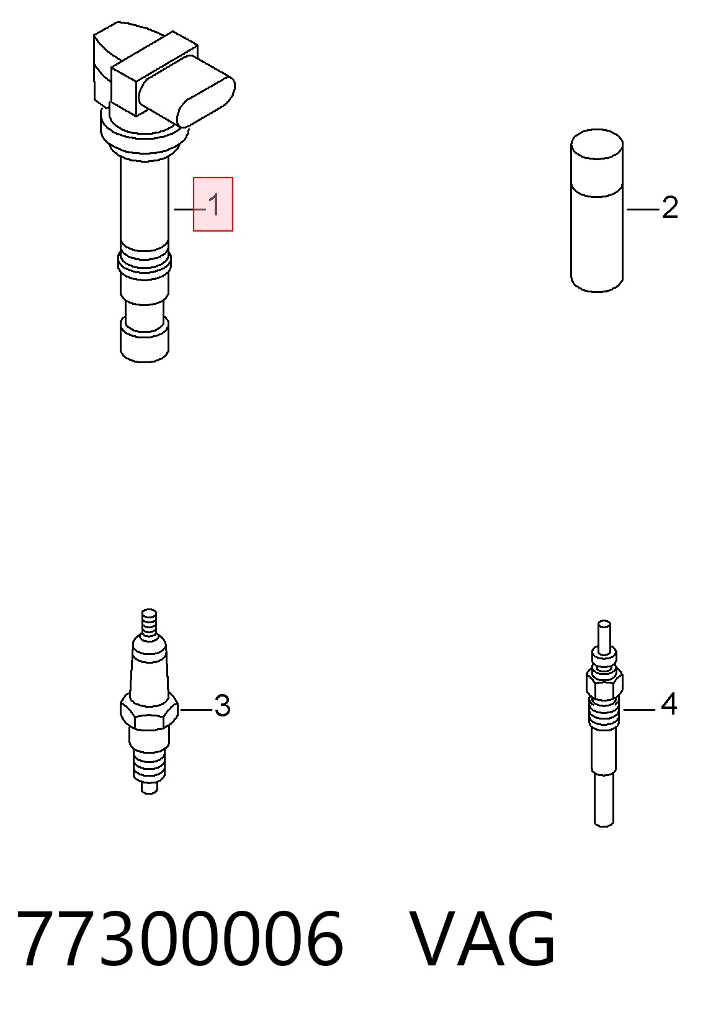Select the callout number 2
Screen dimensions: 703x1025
click(670, 207)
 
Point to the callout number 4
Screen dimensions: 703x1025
click(669, 704)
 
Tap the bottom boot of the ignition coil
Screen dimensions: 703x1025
click(145, 340)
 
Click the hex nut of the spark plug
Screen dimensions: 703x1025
click(149, 710)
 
